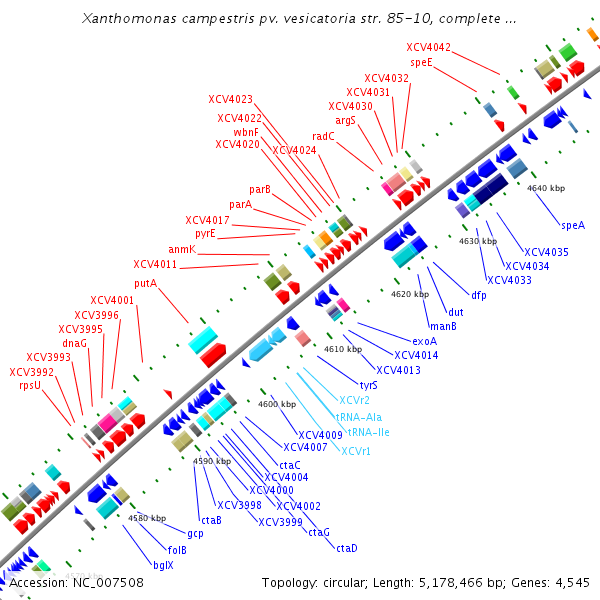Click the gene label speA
point(573,225)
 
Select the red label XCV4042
point(428,47)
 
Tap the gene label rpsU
point(29,385)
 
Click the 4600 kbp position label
point(277,404)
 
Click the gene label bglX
point(163,565)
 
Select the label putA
point(145,283)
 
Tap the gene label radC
point(323,136)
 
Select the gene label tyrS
point(368,384)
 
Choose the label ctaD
point(346,547)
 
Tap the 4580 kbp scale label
point(147,518)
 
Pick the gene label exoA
point(425,341)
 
